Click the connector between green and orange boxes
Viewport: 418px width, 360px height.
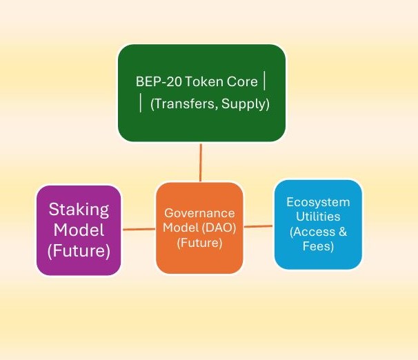(x=201, y=162)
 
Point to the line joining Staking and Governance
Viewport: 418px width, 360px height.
(x=138, y=230)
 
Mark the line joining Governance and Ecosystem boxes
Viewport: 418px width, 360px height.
(x=259, y=226)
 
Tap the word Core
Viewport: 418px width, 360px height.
(x=240, y=81)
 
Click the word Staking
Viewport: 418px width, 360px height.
(x=79, y=209)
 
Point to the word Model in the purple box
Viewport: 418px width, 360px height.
(x=79, y=230)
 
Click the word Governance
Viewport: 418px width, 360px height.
(x=199, y=213)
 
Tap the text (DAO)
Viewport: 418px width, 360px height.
(x=218, y=228)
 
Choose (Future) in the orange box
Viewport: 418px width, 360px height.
(x=199, y=243)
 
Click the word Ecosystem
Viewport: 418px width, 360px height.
(x=318, y=202)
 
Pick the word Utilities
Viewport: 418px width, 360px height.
(x=318, y=217)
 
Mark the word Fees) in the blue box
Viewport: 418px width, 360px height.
(x=318, y=246)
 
